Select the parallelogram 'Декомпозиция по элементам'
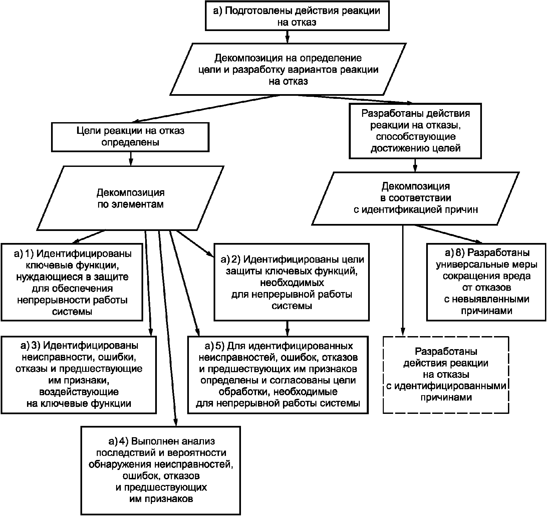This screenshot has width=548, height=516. coord(130,198)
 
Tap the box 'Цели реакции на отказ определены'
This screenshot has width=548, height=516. coord(130,137)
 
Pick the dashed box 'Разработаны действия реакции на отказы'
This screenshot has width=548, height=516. coord(446,375)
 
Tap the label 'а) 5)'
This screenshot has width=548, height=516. coord(214,346)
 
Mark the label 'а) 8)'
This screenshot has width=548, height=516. coord(455,253)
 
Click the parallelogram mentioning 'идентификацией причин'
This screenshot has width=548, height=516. coord(416,198)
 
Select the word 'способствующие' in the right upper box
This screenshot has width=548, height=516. coord(416,137)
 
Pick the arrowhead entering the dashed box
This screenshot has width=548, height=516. coord(403,332)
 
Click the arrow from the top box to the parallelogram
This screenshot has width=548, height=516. coord(287,37)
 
